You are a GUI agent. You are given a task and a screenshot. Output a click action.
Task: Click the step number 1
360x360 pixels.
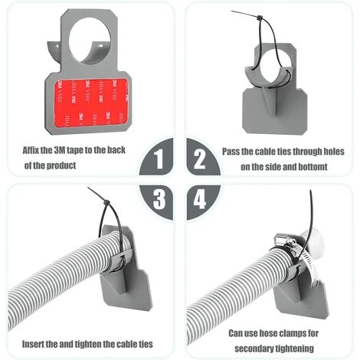click(159, 161)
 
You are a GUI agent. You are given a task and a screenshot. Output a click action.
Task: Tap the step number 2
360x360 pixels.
click(200, 161)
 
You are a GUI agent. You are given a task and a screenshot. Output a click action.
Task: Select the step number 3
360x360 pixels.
click(159, 200)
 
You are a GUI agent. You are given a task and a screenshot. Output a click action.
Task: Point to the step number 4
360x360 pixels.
click(200, 200)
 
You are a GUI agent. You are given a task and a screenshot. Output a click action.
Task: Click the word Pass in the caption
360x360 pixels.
click(234, 151)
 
